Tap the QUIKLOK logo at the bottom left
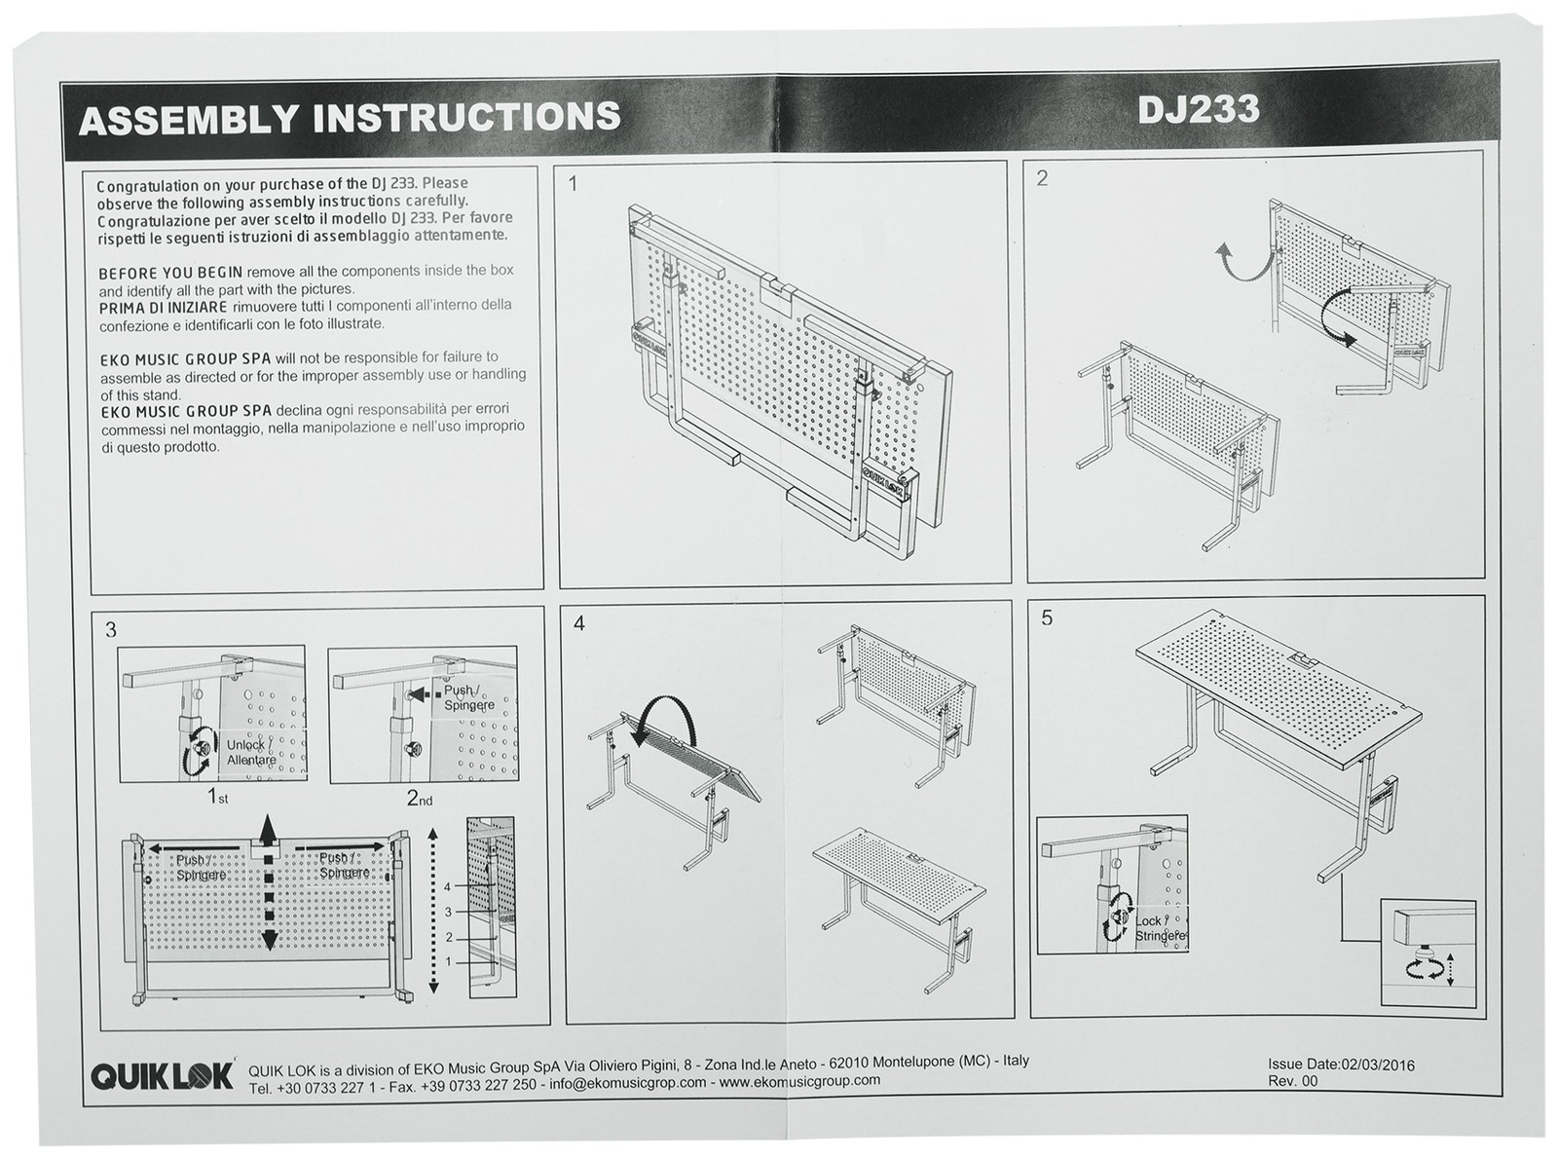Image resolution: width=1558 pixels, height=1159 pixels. pyautogui.click(x=163, y=1075)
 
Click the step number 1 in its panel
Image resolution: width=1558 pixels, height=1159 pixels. pyautogui.click(x=574, y=184)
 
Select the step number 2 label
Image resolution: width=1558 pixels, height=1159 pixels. pyautogui.click(x=1042, y=178)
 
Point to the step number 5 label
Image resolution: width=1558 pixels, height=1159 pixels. pyautogui.click(x=1047, y=617)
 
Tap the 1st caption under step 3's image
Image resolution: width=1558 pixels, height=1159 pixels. pyautogui.click(x=217, y=797)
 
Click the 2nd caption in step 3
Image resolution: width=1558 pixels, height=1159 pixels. pyautogui.click(x=419, y=799)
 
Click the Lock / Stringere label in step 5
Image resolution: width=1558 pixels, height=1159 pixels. pyautogui.click(x=1159, y=928)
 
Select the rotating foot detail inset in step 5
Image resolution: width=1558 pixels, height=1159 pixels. pyautogui.click(x=1428, y=952)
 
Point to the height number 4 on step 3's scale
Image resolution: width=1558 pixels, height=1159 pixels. pyautogui.click(x=448, y=887)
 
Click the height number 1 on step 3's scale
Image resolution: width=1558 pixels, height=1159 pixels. pyautogui.click(x=448, y=961)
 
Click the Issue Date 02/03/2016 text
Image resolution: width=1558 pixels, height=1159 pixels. pyautogui.click(x=1341, y=1065)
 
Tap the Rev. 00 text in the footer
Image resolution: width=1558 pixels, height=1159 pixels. pyautogui.click(x=1292, y=1081)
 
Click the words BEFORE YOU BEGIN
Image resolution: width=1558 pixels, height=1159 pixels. pyautogui.click(x=170, y=273)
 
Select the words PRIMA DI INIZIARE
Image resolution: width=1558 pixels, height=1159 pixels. pyautogui.click(x=164, y=308)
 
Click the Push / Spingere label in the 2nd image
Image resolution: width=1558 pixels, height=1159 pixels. pyautogui.click(x=468, y=697)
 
